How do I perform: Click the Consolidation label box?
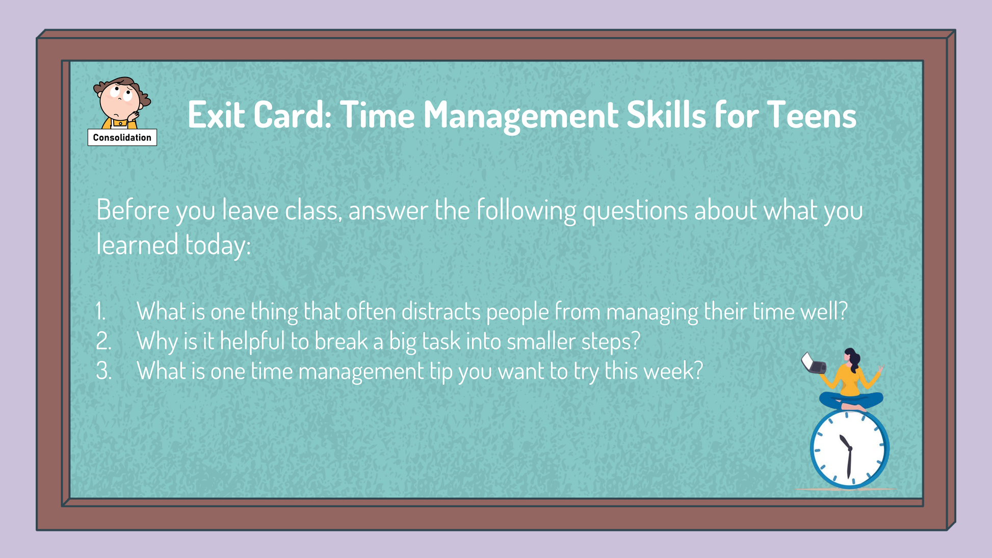coord(122,138)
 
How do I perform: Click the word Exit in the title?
coord(215,115)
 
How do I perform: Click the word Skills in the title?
coord(666,115)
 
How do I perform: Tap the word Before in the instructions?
coord(133,210)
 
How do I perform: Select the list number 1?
coord(101,311)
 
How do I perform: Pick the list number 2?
coord(103,341)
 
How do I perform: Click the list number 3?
coord(103,371)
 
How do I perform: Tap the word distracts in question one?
coord(441,311)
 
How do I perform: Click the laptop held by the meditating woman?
coord(814,363)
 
